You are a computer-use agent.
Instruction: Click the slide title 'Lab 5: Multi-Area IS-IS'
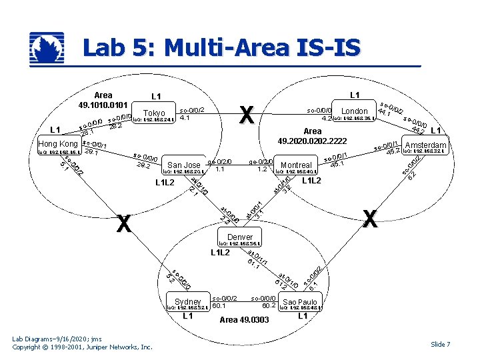(x=221, y=48)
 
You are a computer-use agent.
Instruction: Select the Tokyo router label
(x=154, y=113)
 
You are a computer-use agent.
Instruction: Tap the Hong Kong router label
(x=58, y=144)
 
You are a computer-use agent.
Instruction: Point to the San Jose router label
(x=184, y=165)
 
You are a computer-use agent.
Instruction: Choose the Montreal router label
(x=296, y=165)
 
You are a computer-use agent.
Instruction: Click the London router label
(x=354, y=111)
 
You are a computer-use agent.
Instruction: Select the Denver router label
(x=240, y=237)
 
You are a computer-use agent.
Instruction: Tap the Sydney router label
(x=188, y=301)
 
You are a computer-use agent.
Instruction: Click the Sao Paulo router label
(x=300, y=302)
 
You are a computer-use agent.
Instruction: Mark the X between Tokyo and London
(x=246, y=115)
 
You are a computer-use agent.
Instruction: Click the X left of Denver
(x=123, y=225)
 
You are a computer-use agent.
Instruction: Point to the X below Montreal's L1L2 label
(x=370, y=218)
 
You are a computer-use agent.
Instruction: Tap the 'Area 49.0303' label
(x=244, y=320)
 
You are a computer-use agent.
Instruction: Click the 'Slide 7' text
(x=440, y=344)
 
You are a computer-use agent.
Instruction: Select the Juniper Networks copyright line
(x=83, y=347)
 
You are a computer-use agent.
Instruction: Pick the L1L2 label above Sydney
(x=220, y=253)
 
